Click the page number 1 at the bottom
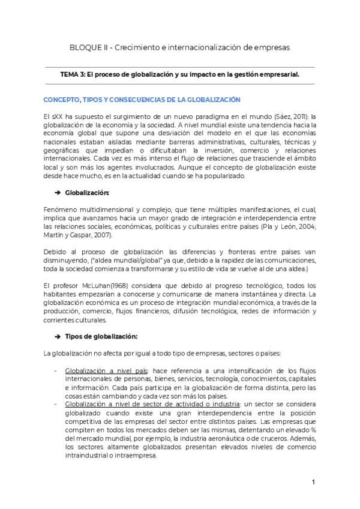pyautogui.click(x=314, y=483)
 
